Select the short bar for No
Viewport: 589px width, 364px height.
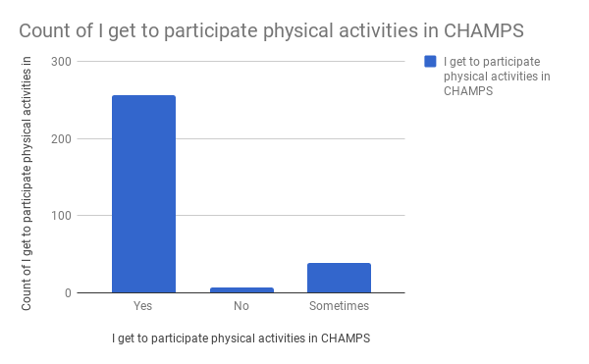[241, 289]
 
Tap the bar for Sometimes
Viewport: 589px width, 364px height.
[339, 278]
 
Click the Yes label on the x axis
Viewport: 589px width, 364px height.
[143, 306]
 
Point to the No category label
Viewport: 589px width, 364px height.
[241, 306]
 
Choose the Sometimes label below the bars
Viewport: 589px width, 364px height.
[339, 306]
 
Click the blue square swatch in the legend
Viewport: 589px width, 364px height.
[430, 62]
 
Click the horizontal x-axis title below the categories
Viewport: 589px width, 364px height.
[241, 338]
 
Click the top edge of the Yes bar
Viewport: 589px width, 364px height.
[143, 96]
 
